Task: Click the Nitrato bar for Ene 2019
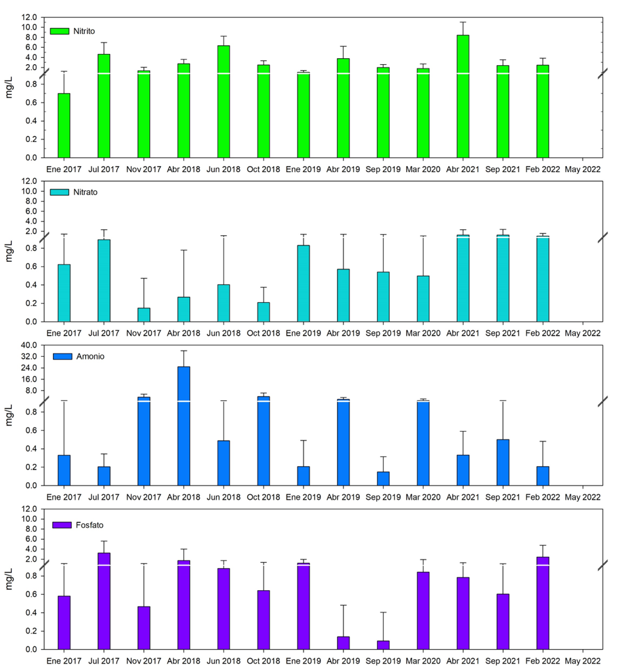point(303,283)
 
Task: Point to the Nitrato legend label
point(81,193)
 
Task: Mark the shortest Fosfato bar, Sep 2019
point(383,645)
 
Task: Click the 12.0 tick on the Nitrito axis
point(30,17)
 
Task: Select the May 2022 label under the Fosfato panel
point(583,660)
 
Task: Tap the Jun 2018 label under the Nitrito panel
point(224,169)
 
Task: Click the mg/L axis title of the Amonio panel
point(10,415)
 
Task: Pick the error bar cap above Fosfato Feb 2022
point(543,545)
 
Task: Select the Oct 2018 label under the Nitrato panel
point(263,333)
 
